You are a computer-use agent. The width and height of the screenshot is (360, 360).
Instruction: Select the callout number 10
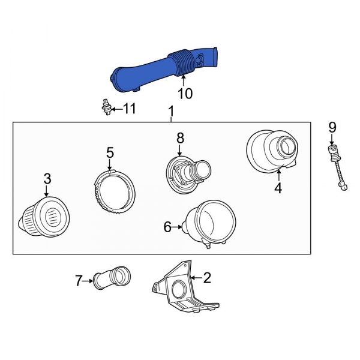185,94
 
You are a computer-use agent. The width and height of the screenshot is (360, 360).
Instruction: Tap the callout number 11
129,109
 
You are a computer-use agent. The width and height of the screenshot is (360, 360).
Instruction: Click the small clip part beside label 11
105,109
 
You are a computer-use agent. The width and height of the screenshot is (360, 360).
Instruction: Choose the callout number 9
332,127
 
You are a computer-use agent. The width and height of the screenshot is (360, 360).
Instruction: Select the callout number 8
180,138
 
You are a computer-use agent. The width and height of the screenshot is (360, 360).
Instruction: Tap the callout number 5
110,152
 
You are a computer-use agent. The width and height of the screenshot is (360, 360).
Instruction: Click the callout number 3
47,178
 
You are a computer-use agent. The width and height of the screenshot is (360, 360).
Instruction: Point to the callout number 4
278,188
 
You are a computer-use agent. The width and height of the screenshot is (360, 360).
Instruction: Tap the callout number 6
167,227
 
